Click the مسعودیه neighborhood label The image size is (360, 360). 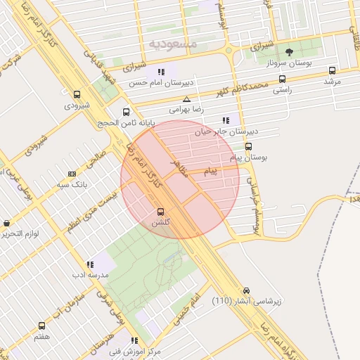[173, 44]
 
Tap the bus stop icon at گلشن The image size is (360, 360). [161, 211]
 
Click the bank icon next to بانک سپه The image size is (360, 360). [71, 174]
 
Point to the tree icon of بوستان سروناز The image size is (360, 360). [290, 51]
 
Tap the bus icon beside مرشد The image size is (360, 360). [332, 70]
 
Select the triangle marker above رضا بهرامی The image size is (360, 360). [186, 99]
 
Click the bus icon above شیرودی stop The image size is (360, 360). [77, 94]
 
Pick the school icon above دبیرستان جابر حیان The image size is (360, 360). [225, 120]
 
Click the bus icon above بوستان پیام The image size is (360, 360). [249, 146]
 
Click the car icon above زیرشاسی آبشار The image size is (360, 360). [246, 290]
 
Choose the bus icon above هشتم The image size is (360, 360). [41, 326]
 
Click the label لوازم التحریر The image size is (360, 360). [20, 233]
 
